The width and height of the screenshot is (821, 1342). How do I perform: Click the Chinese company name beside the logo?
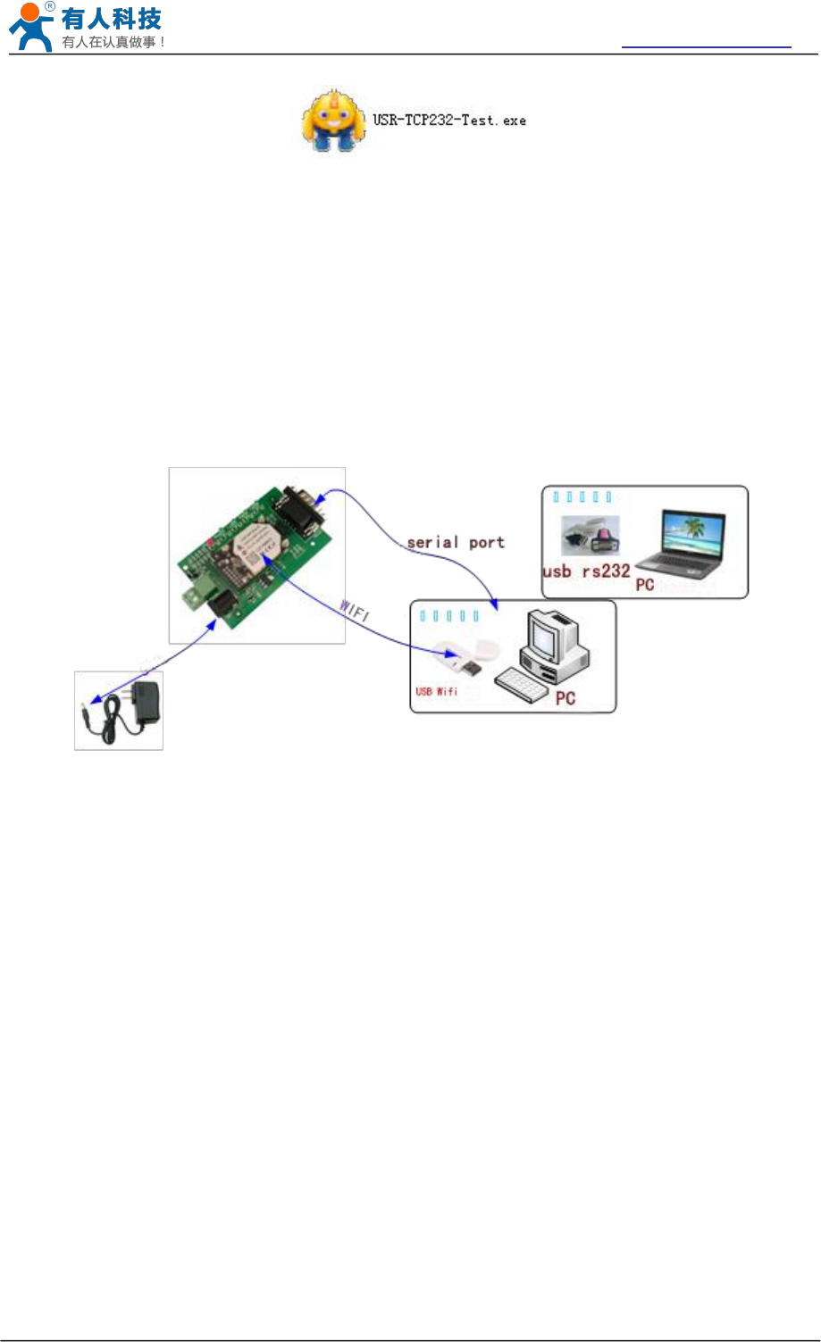[112, 19]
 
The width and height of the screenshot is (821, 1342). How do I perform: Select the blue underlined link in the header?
[706, 45]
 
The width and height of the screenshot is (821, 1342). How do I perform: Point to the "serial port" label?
[456, 542]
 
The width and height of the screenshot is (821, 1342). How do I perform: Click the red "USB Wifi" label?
[437, 691]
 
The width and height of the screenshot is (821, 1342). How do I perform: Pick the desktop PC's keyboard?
[524, 684]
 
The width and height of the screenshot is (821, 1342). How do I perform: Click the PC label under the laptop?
[645, 586]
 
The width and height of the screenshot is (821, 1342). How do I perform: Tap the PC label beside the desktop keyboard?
[565, 698]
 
